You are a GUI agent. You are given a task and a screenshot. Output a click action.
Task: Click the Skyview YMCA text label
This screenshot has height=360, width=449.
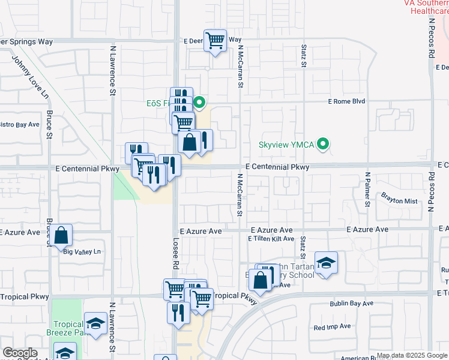pyautogui.click(x=288, y=145)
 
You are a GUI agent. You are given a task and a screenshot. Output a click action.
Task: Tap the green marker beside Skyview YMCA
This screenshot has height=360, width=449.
pyautogui.click(x=324, y=144)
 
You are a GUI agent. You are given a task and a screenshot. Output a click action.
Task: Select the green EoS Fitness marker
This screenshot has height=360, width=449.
pyautogui.click(x=201, y=103)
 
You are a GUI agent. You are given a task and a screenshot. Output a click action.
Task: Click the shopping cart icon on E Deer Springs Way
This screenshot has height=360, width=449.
pyautogui.click(x=215, y=41)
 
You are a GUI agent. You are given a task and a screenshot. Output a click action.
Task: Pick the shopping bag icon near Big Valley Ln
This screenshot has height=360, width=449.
pyautogui.click(x=61, y=236)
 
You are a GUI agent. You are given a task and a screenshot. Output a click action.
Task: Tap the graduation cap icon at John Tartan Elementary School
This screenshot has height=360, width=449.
pyautogui.click(x=326, y=263)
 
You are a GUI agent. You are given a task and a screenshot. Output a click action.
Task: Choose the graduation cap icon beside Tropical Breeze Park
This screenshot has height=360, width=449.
pyautogui.click(x=95, y=324)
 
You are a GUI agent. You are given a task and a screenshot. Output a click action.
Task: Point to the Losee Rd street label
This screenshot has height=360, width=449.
pyautogui.click(x=176, y=256)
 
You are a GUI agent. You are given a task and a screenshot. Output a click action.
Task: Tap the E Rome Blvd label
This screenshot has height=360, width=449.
pyautogui.click(x=346, y=101)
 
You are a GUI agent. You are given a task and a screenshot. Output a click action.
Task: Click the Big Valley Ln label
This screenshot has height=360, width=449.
pyautogui.click(x=82, y=251)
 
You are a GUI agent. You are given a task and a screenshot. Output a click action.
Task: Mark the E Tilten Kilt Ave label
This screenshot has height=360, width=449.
pyautogui.click(x=271, y=239)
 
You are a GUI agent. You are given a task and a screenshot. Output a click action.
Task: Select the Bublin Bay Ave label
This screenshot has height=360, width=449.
pyautogui.click(x=351, y=304)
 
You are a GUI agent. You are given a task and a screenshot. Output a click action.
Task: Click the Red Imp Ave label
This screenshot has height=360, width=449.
pyautogui.click(x=332, y=328)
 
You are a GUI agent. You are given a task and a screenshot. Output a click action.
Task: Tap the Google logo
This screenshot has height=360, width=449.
pyautogui.click(x=20, y=353)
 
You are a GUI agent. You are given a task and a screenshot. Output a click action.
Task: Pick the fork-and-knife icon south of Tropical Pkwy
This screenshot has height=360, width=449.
pyautogui.click(x=179, y=312)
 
